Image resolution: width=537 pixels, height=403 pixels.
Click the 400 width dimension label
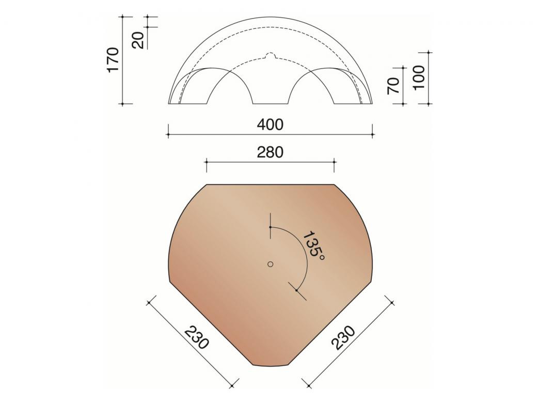coord(271,125)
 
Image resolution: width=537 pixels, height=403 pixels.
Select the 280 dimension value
coord(271,152)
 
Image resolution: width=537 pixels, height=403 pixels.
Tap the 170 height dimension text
coord(113,59)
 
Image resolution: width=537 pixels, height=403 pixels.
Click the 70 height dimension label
coord(393,85)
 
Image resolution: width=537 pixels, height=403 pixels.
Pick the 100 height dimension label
coord(419,77)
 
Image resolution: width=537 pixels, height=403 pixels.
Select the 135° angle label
coord(313,245)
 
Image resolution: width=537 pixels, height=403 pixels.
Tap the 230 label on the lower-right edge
coord(344,337)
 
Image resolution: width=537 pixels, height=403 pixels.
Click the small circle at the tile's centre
coord(270,264)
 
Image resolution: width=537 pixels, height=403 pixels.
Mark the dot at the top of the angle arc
coord(270,227)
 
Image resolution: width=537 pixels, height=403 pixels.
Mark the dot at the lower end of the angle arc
coord(296,290)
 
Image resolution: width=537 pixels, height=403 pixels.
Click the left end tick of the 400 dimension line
coord(168,135)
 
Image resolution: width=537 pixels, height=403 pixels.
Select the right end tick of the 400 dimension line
coord(373,135)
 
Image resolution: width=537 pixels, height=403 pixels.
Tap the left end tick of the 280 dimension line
coord(207,162)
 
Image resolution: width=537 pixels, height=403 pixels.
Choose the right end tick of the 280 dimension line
coord(335,162)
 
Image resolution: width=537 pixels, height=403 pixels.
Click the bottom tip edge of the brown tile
coord(270,366)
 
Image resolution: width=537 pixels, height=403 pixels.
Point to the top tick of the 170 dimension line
coord(122,17)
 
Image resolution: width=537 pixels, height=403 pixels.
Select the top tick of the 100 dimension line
coord(429,52)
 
